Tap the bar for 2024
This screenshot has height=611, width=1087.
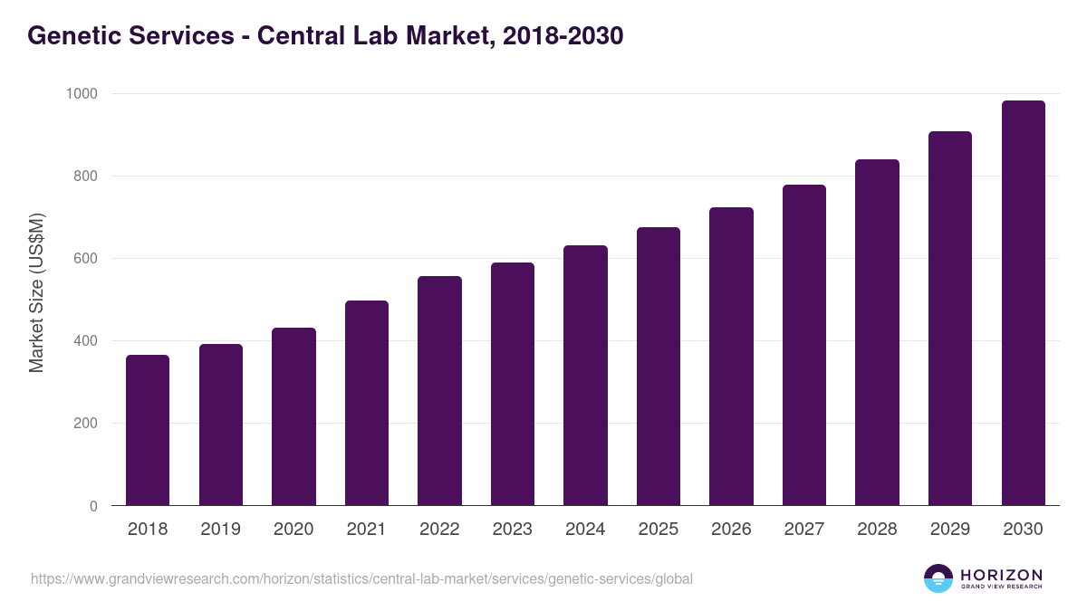585,376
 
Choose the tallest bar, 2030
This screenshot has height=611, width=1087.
1023,303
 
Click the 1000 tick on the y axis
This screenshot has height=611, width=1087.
82,93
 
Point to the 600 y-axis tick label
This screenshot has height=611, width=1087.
86,259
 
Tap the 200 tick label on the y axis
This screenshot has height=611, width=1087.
86,424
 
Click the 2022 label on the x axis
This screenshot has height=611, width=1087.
439,530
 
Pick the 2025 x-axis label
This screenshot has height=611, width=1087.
658,530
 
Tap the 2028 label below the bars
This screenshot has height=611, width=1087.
877,530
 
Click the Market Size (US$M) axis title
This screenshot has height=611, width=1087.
36,292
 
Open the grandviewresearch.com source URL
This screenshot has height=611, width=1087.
362,578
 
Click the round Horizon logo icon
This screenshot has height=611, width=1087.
938,578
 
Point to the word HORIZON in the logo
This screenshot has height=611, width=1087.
1001,575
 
